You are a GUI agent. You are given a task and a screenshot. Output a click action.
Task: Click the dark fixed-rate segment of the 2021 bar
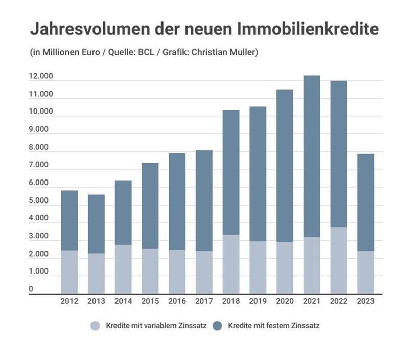[312, 156]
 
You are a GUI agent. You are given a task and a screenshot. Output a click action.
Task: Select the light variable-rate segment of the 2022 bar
[338, 260]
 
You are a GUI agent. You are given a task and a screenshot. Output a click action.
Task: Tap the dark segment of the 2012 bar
[69, 220]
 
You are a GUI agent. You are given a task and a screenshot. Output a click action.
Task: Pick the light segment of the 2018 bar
[231, 264]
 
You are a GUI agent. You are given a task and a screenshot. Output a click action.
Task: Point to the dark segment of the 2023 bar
[365, 202]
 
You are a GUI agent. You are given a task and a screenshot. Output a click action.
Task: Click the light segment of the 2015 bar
[150, 271]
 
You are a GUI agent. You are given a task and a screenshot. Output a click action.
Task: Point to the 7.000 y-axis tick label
[38, 165]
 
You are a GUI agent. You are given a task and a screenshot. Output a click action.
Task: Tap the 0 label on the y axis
[31, 289]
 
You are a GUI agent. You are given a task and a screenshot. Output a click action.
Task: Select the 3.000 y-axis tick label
[38, 236]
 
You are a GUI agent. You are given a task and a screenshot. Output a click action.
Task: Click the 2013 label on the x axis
[96, 301]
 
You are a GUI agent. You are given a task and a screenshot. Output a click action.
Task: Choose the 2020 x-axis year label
[285, 301]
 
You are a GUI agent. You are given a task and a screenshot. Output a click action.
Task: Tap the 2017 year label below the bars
[204, 301]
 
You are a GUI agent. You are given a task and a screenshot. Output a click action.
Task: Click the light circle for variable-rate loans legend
[95, 326]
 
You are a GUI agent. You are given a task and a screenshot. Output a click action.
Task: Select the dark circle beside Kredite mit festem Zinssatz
[217, 326]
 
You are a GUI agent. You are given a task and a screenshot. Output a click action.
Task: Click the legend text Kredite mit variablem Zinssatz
[156, 326]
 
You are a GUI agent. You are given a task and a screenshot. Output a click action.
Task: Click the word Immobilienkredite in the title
[308, 29]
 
